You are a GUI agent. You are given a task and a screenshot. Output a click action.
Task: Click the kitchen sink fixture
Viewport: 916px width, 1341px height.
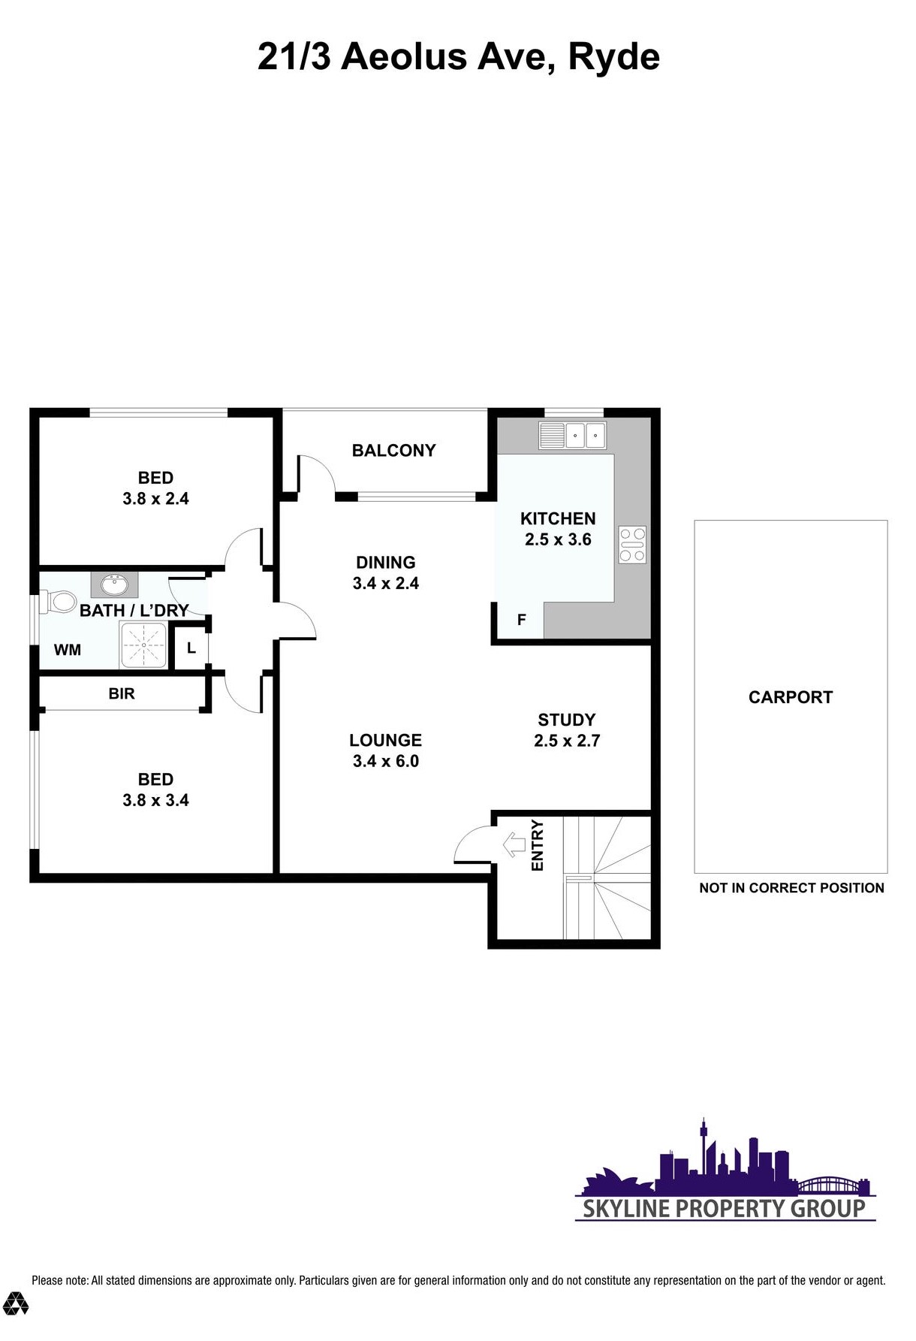coord(572,435)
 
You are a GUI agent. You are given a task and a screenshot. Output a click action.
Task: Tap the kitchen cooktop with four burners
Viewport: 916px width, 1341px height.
coord(632,544)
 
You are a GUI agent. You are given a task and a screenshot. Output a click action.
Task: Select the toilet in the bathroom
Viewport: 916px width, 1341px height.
coord(60,601)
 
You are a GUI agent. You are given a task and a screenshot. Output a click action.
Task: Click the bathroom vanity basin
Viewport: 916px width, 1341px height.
coord(115,584)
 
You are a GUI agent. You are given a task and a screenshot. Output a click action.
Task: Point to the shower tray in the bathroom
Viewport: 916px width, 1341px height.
coord(143,645)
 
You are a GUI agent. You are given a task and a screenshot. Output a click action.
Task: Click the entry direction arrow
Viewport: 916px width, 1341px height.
coord(514,844)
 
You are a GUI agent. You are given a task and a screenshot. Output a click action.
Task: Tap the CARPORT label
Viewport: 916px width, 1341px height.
coord(791,697)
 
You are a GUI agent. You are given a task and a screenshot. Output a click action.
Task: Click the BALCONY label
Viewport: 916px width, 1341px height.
coord(394,450)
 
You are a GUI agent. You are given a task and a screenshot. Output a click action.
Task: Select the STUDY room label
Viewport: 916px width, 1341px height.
coord(567,720)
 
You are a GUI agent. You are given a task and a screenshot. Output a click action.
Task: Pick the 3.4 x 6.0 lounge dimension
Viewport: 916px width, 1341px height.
coord(386,761)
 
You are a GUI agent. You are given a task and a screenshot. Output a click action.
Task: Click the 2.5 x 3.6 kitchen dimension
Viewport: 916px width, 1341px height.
coord(558,539)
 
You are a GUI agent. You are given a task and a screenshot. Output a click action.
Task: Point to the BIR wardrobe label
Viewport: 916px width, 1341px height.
coord(122,693)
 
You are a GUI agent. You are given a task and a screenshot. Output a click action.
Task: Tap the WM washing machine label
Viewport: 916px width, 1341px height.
coord(68,650)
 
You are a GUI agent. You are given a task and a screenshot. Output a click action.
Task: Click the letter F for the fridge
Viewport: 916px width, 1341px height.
coord(522,620)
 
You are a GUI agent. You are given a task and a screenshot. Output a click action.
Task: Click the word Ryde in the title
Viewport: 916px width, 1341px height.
coord(613,57)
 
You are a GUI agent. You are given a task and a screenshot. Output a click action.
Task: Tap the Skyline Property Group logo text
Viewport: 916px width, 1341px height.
coord(725,1208)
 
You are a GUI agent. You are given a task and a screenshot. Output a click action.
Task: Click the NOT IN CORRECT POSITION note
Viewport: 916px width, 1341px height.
coord(791,888)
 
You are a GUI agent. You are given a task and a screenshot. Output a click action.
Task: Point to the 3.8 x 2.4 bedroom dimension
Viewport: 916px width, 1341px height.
coord(155,498)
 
